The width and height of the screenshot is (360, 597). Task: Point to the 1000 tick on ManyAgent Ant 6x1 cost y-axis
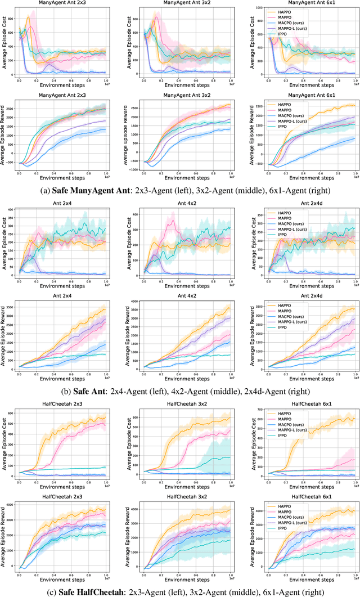tap(256, 8)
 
